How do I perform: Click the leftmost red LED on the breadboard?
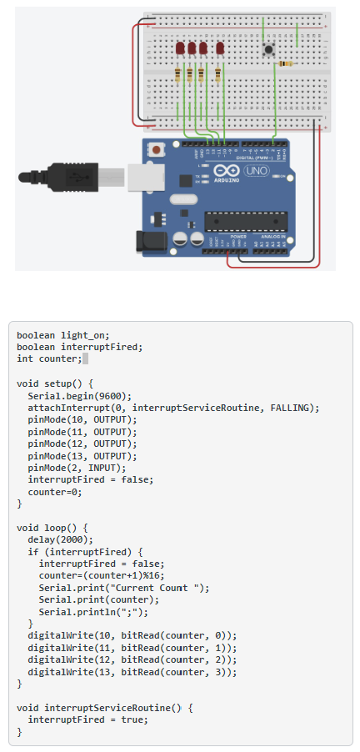[181, 48]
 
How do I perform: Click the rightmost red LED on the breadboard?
[220, 48]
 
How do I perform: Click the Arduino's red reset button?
[156, 151]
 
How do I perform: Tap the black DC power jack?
[151, 241]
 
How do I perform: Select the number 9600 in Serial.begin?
[112, 396]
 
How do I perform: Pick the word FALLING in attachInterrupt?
[292, 408]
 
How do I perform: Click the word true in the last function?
[132, 719]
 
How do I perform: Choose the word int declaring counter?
[25, 358]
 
